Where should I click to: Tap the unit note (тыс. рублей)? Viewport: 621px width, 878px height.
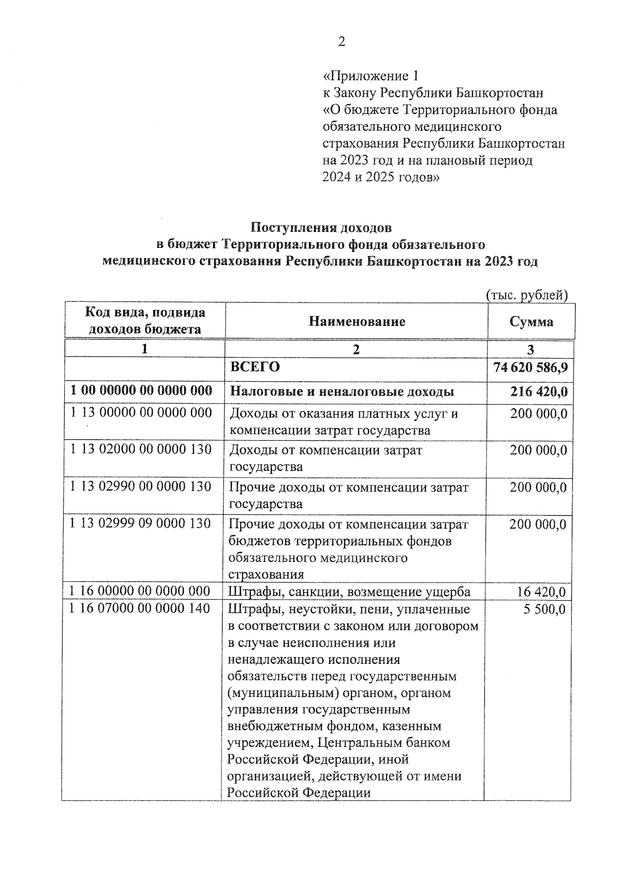click(x=527, y=295)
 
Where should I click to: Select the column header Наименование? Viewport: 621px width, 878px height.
click(x=357, y=322)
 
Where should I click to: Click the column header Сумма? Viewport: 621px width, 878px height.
click(x=531, y=322)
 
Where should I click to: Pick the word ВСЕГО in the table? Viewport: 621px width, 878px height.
click(x=255, y=367)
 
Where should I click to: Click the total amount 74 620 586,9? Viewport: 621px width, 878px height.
click(x=530, y=367)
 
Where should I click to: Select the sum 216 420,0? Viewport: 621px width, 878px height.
click(x=539, y=392)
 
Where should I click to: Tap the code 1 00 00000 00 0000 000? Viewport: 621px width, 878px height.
click(x=141, y=391)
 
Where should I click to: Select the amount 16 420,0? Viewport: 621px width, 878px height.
click(x=541, y=592)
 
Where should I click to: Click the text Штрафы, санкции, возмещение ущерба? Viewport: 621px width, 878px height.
click(x=349, y=592)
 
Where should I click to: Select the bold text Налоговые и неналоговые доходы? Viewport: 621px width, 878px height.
click(x=342, y=392)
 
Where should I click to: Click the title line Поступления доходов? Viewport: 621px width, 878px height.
click(x=321, y=228)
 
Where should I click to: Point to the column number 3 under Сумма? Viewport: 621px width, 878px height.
click(x=530, y=349)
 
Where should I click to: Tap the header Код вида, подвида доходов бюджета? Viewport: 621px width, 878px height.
click(x=145, y=321)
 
